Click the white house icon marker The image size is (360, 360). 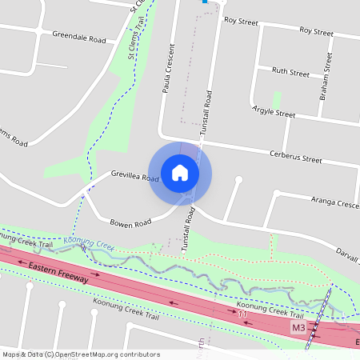180,172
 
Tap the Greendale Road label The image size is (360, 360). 79,38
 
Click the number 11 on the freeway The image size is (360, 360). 242,314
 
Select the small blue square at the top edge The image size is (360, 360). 205,2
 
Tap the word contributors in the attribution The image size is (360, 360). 140,354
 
